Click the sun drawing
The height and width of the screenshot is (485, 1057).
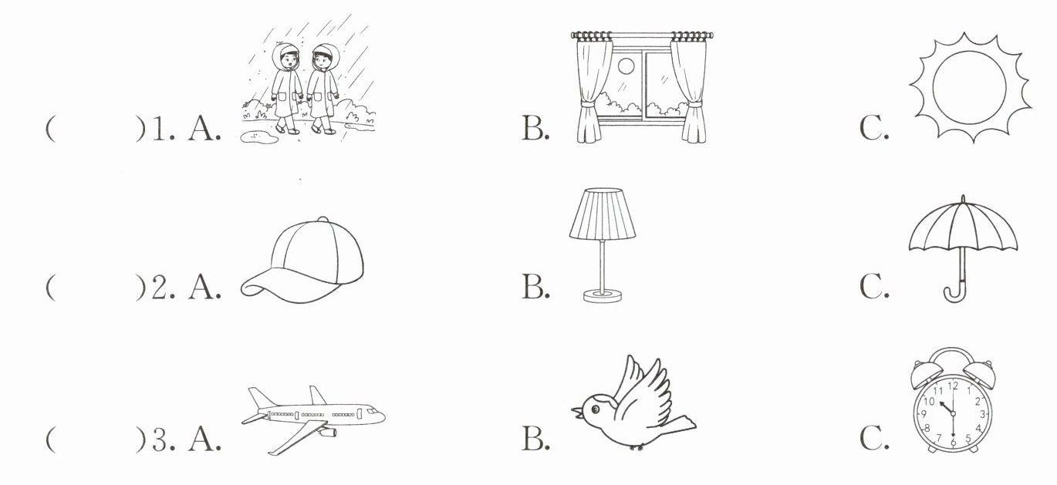(x=970, y=86)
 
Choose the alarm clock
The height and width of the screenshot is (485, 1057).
(x=953, y=405)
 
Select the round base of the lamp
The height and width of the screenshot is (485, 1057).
(x=603, y=295)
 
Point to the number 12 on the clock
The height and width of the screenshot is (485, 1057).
(x=953, y=386)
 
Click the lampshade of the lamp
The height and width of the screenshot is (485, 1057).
(x=603, y=215)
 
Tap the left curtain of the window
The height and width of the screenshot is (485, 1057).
(x=590, y=89)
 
